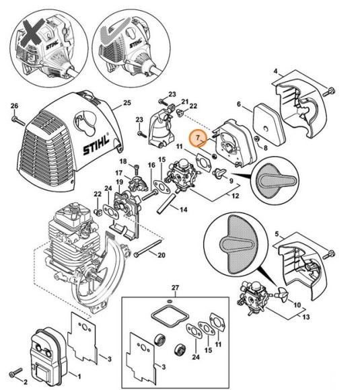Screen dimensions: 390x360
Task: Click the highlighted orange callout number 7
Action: coord(196,137)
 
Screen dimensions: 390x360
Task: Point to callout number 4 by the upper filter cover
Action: coord(277,71)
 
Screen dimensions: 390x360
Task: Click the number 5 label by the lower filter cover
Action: coord(276,235)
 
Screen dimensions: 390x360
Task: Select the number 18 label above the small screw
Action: coord(124,161)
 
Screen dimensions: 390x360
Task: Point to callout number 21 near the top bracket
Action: coord(183,102)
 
